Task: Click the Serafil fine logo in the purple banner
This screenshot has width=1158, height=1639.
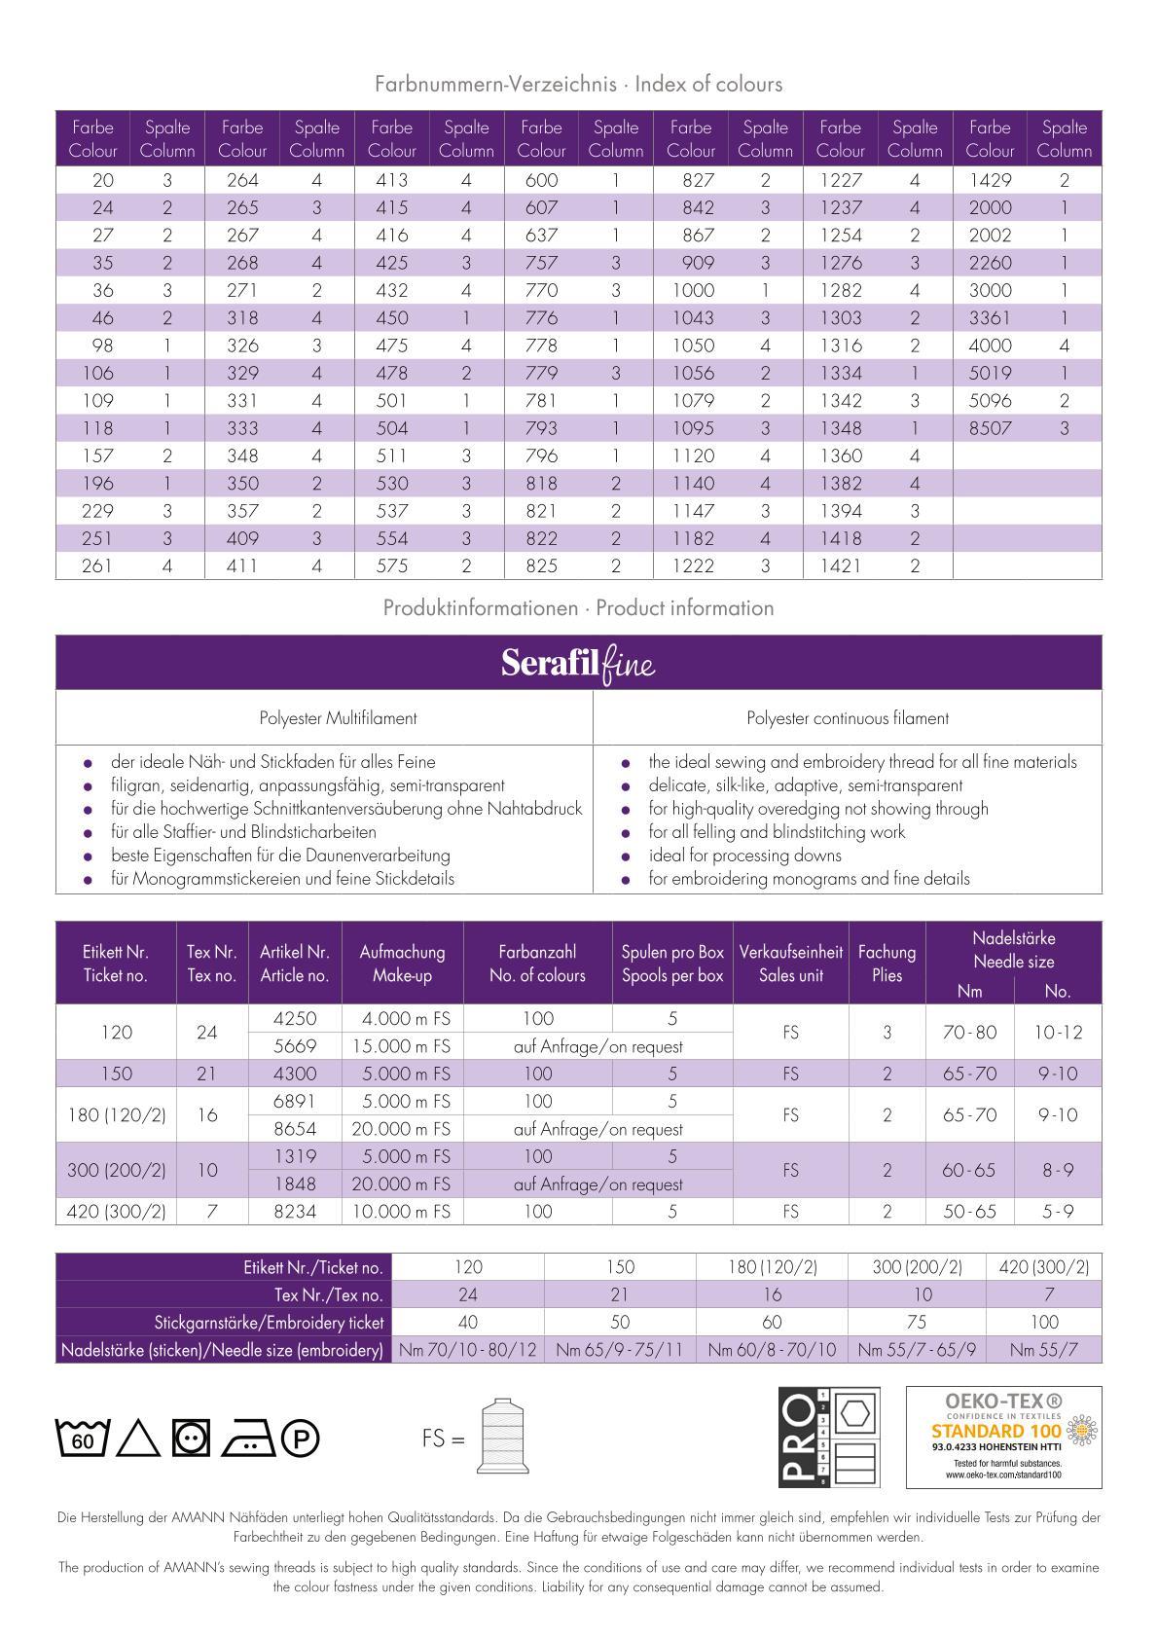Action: click(578, 664)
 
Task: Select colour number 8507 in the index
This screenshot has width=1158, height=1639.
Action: click(990, 428)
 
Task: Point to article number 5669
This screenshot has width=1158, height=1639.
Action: click(295, 1046)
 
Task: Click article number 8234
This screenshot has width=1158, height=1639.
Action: click(295, 1212)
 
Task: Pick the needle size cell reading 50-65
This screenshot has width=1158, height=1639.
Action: click(969, 1212)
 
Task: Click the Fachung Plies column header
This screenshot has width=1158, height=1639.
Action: click(887, 964)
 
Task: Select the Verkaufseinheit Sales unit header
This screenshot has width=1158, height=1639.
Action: click(790, 964)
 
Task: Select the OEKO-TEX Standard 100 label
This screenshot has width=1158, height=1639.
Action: click(1003, 1437)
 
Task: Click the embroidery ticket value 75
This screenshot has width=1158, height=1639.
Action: click(917, 1322)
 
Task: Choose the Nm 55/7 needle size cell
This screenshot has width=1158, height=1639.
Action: click(1042, 1350)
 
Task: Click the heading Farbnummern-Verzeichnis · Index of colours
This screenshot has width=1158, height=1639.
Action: click(578, 84)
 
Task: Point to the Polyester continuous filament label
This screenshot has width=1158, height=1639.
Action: click(848, 718)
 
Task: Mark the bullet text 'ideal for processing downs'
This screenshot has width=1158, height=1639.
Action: click(744, 856)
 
